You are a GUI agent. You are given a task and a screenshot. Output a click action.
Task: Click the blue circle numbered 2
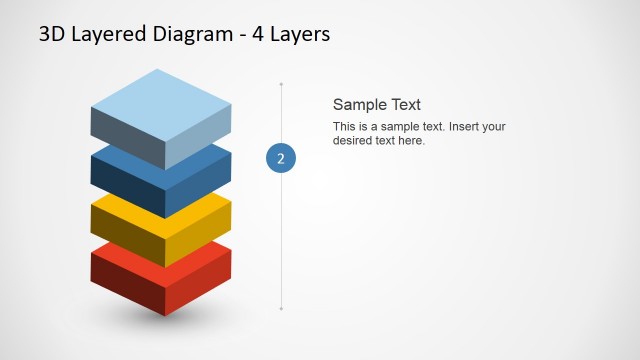(x=281, y=158)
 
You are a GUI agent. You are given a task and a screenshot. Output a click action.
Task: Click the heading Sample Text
(x=376, y=104)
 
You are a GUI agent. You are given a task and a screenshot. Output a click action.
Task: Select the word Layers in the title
(x=298, y=34)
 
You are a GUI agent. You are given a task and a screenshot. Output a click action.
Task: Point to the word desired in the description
(x=352, y=141)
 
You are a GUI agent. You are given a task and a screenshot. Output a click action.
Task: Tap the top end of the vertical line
(x=281, y=84)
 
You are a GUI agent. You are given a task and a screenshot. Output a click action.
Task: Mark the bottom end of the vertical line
(x=281, y=309)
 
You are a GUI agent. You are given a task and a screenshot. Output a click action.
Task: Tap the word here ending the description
(x=412, y=141)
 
